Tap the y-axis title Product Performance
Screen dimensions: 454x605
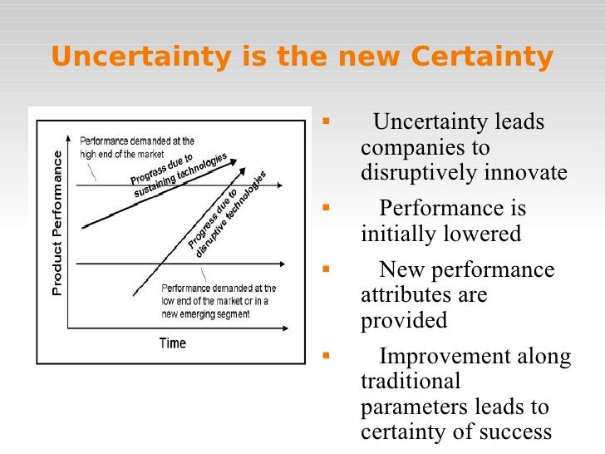[x=57, y=223]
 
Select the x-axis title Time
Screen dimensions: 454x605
[x=173, y=343]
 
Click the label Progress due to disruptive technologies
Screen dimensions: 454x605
[x=225, y=215]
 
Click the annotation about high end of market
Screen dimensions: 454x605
[x=137, y=147]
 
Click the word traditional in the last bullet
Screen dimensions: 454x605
[x=411, y=382]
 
